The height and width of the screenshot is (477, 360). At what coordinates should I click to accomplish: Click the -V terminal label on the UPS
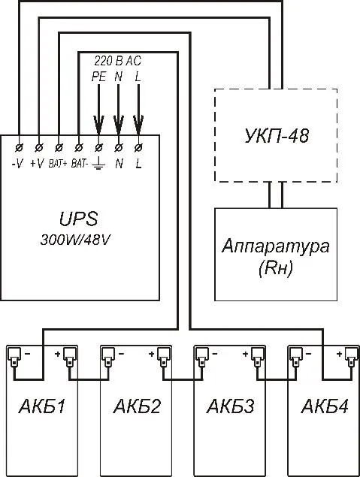pos(17,164)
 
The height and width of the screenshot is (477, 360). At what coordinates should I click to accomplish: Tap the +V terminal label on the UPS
pos(37,164)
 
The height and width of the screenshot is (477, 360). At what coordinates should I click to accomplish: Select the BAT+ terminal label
pos(58,164)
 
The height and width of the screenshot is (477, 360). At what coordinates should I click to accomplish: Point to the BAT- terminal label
pos(80,164)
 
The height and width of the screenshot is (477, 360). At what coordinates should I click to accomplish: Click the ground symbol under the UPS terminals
pos(98,165)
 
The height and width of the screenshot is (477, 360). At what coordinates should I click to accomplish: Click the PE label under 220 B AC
pos(98,77)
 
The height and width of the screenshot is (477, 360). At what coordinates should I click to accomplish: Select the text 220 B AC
pos(117,61)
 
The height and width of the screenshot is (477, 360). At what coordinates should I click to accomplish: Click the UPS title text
pos(78,219)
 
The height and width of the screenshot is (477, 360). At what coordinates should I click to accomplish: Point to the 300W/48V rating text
pos(75,240)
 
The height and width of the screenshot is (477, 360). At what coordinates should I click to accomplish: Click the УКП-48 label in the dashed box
pos(277,136)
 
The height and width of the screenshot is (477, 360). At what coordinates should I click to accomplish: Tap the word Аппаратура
pos(275,246)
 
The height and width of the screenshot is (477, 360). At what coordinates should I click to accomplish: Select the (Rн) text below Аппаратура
pos(275,269)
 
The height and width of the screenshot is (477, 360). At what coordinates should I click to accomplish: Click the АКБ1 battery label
pos(42,406)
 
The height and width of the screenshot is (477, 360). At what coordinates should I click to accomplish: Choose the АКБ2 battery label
pos(137,406)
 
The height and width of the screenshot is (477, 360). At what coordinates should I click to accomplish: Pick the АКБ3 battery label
pos(231,406)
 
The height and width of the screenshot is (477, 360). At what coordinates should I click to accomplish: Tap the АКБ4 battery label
pos(325,406)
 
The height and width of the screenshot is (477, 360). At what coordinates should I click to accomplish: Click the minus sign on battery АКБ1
pos(27,354)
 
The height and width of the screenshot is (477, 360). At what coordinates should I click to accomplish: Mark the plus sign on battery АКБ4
pos(340,354)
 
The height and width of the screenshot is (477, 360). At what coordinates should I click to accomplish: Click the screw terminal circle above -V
pos(19,147)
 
